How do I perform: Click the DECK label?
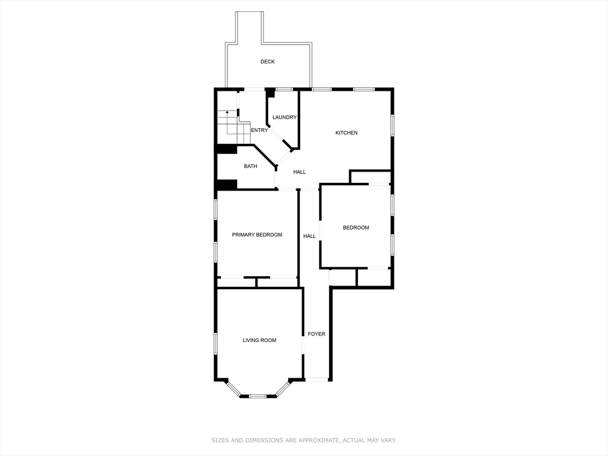267,62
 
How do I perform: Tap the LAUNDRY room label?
284,118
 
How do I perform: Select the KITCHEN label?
346,133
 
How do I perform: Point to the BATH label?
251,166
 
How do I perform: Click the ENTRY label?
259,131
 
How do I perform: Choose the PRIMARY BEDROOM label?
256,235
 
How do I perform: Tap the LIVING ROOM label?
259,340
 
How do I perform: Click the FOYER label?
316,334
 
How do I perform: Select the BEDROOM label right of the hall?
356,228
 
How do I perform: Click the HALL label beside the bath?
299,172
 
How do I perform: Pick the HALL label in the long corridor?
309,236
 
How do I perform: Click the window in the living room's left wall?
216,343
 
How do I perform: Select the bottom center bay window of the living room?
257,395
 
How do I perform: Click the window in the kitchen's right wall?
392,125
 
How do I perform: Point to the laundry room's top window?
284,90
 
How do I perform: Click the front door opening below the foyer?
316,379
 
